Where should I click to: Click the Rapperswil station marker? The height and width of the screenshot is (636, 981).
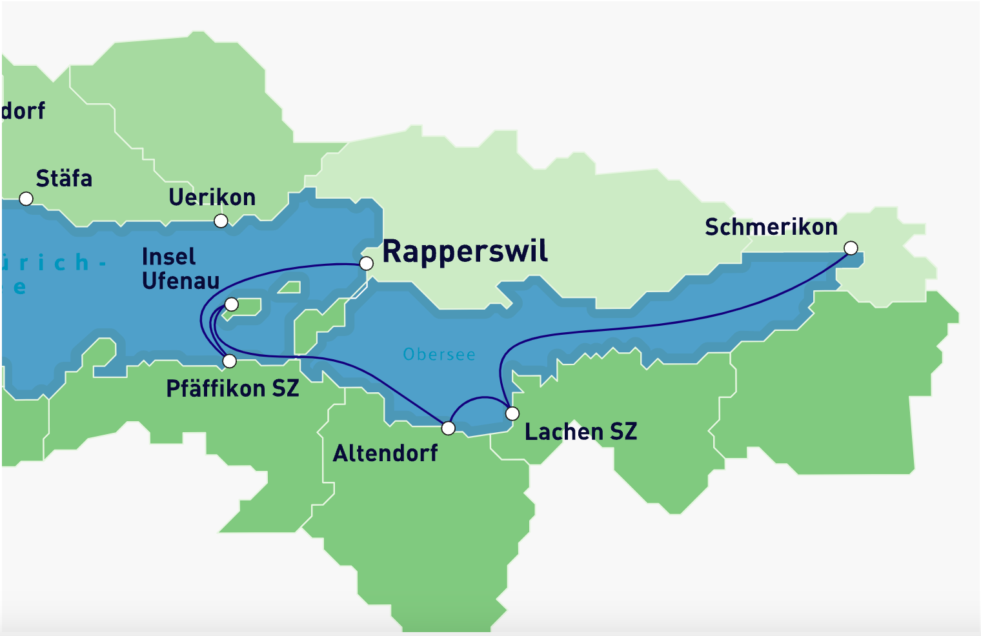click(x=366, y=263)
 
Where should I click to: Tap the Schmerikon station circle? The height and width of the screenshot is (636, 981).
click(x=851, y=248)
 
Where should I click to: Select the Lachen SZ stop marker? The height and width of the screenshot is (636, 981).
click(x=512, y=413)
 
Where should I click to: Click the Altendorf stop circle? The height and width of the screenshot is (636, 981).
click(x=448, y=428)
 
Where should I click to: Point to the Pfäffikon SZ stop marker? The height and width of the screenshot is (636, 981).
click(x=229, y=361)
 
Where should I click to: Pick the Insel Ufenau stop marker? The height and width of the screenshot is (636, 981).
click(x=231, y=304)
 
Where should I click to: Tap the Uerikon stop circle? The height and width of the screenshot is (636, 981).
click(x=221, y=221)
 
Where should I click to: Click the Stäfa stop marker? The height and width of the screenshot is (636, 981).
click(x=26, y=199)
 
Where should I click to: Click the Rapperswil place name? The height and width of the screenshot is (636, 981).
click(x=465, y=252)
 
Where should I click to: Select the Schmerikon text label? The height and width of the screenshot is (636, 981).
click(x=771, y=227)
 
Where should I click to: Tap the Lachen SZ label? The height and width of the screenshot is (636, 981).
click(x=580, y=432)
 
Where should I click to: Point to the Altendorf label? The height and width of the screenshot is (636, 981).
click(x=385, y=453)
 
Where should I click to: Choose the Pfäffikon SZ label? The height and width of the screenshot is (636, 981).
click(x=232, y=388)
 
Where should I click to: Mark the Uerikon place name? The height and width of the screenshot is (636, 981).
click(x=212, y=197)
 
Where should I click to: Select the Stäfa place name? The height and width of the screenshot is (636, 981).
click(x=64, y=178)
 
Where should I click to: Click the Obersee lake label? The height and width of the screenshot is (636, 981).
click(x=439, y=355)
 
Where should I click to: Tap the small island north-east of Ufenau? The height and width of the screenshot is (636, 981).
click(x=290, y=288)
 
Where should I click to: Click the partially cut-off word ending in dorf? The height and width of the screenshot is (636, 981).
click(x=23, y=111)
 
